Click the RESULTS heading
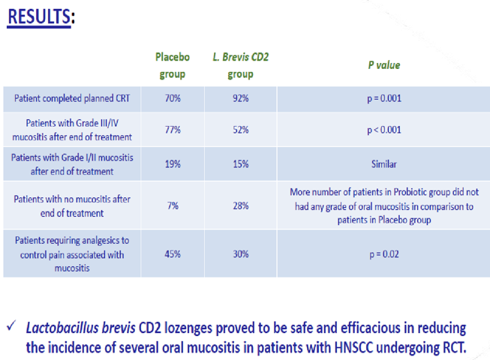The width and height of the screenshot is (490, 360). [40, 17]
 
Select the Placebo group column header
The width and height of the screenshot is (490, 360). [172, 65]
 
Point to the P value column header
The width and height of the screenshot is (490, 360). [383, 65]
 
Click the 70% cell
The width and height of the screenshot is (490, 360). [172, 98]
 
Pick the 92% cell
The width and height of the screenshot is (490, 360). [240, 98]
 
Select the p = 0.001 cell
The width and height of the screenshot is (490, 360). [383, 98]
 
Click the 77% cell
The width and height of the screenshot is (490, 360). [172, 130]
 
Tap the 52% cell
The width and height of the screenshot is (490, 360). [240, 130]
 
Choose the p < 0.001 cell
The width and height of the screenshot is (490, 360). [383, 130]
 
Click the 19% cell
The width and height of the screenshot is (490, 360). [172, 164]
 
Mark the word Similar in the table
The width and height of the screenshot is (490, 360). [383, 164]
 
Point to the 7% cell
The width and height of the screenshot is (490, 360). [172, 205]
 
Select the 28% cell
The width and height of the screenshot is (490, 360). [240, 205]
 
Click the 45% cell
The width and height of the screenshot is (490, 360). [172, 254]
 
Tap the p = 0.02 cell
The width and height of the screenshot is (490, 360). [383, 254]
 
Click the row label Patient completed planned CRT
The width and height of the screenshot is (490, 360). [72, 98]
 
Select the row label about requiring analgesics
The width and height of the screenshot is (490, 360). [72, 254]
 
